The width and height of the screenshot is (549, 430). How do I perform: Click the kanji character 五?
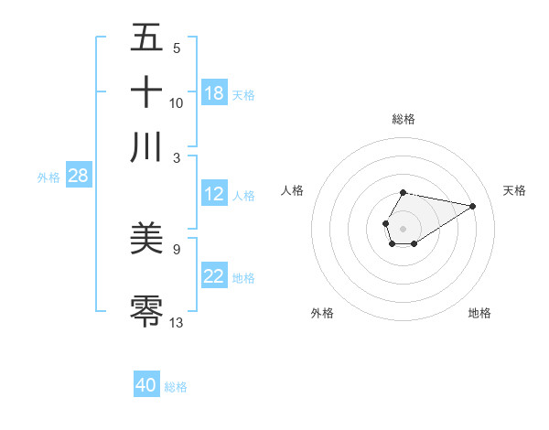pyautogui.click(x=146, y=38)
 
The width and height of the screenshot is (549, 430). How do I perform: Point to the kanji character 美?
pyautogui.click(x=146, y=240)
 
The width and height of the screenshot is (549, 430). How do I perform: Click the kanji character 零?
pyautogui.click(x=146, y=309)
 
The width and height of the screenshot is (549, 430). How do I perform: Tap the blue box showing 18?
pyautogui.click(x=214, y=93)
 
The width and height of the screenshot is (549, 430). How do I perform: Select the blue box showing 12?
pyautogui.click(x=214, y=194)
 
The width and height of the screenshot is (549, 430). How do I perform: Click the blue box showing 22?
pyautogui.click(x=214, y=277)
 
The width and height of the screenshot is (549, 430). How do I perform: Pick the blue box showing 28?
pyautogui.click(x=78, y=177)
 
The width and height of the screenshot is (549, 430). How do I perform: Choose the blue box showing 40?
pyautogui.click(x=146, y=385)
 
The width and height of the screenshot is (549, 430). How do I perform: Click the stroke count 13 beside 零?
pyautogui.click(x=177, y=322)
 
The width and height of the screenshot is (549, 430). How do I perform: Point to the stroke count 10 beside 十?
pyautogui.click(x=177, y=102)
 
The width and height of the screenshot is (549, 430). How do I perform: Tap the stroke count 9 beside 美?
pyautogui.click(x=177, y=248)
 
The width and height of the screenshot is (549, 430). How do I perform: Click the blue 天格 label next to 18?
pyautogui.click(x=243, y=94)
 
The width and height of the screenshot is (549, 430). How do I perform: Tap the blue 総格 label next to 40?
pyautogui.click(x=176, y=386)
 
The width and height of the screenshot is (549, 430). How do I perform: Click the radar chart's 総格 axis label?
pyautogui.click(x=404, y=119)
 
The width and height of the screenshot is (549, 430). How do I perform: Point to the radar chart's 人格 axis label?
pyautogui.click(x=293, y=190)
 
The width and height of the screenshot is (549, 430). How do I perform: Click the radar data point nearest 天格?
pyautogui.click(x=473, y=206)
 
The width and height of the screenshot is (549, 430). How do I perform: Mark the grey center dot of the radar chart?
pyautogui.click(x=403, y=226)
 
